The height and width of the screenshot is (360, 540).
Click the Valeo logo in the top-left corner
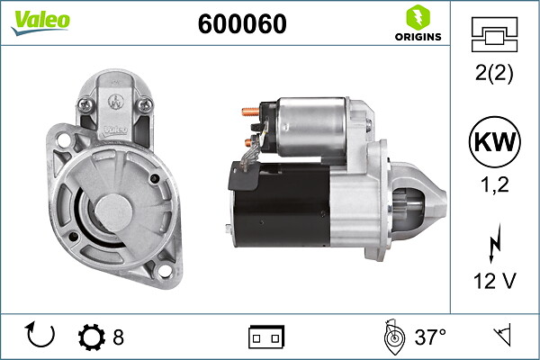click(x=40, y=22)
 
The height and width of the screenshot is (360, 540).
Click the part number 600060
click(x=242, y=23)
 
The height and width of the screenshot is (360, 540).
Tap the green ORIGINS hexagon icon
click(x=418, y=17)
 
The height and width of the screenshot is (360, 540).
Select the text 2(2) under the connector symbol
click(x=494, y=73)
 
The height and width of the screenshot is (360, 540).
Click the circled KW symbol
click(x=494, y=142)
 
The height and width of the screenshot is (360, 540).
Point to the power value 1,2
click(x=494, y=184)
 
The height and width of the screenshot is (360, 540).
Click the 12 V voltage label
click(x=494, y=281)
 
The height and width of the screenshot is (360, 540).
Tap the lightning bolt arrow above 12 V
click(x=494, y=243)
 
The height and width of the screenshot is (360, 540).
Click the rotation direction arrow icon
click(x=40, y=335)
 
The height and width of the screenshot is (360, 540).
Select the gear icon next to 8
click(x=92, y=337)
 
